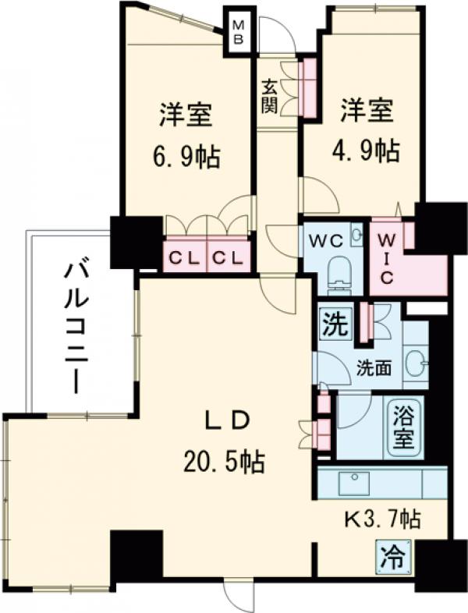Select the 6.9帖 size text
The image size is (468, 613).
click(x=186, y=158)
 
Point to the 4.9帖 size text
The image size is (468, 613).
click(x=365, y=150)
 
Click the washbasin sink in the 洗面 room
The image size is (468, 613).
click(x=417, y=363)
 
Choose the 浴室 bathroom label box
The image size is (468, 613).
click(x=402, y=426)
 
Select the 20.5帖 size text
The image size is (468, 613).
click(x=223, y=462)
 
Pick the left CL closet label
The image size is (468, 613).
click(x=185, y=257)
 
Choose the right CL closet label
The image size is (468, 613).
click(x=229, y=257)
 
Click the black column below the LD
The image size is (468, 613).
click(x=136, y=556)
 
